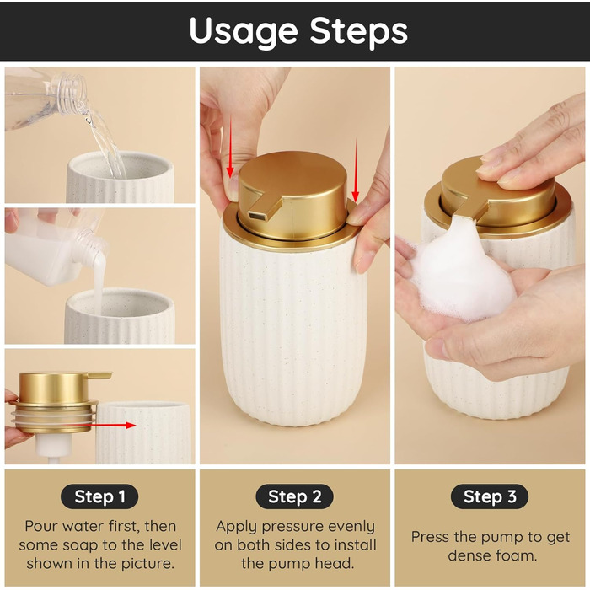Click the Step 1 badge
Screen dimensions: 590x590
pyautogui.click(x=99, y=496)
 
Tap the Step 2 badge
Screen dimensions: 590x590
pyautogui.click(x=295, y=496)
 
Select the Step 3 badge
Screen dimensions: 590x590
pyautogui.click(x=490, y=496)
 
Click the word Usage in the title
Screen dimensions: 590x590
pyautogui.click(x=244, y=32)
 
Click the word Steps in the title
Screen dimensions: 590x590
pyautogui.click(x=358, y=32)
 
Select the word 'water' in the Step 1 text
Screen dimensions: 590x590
pyautogui.click(x=83, y=526)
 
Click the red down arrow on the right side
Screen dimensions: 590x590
pyautogui.click(x=355, y=170)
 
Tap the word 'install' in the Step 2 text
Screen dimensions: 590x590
pyautogui.click(x=355, y=544)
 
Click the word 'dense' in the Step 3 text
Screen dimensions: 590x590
pyautogui.click(x=464, y=555)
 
